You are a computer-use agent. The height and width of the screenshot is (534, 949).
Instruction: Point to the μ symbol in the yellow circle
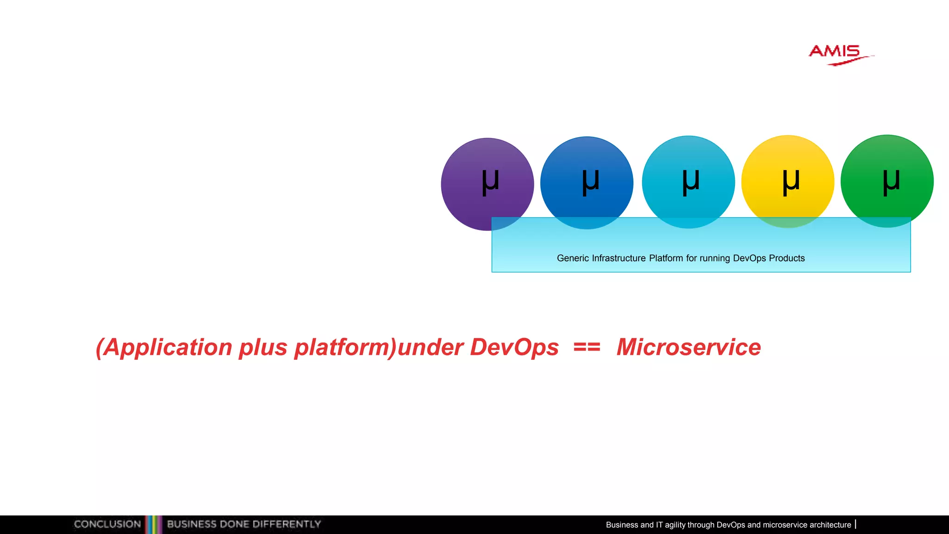tap(791, 181)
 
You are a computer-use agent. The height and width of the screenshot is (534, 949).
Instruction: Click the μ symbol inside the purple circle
tap(490, 181)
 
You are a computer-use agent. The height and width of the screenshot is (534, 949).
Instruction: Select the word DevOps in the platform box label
tap(749, 258)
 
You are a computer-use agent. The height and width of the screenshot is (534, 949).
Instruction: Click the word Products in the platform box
tap(787, 258)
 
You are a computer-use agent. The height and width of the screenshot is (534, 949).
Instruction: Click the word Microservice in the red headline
tap(689, 347)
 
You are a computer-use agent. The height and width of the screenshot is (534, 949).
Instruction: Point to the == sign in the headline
tap(587, 347)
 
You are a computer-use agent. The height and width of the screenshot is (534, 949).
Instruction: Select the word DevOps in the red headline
tap(514, 347)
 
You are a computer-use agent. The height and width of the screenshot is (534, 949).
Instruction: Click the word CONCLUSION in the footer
tap(108, 524)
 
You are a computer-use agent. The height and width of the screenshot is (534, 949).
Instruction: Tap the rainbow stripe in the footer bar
tap(154, 524)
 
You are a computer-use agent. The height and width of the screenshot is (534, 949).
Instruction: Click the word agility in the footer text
tap(675, 525)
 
